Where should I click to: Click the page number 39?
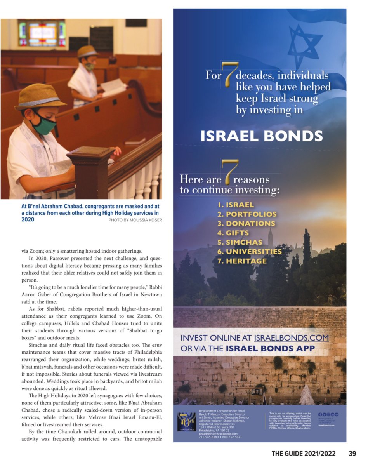352,453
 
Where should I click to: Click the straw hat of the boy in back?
87,52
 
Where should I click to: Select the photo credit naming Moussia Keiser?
135,220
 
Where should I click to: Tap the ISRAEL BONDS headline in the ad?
262,136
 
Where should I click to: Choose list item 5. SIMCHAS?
240,242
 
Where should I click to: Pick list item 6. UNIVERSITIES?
249,252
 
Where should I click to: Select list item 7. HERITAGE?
242,261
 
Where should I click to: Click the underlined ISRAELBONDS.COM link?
291,338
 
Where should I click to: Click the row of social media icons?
328,415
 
